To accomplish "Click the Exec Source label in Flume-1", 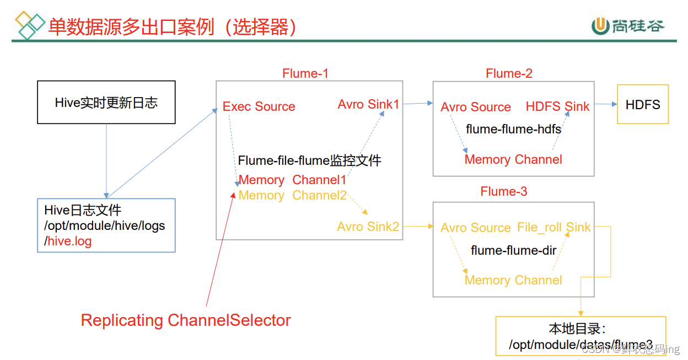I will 259,107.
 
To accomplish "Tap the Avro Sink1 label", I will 368,104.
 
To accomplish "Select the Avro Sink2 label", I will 368,227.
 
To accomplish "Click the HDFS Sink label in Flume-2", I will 557,107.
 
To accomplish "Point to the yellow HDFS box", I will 642,104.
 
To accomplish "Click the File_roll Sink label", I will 553,227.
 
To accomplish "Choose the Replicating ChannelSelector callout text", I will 186,320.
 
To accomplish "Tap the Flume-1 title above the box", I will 305,73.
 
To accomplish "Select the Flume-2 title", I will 509,73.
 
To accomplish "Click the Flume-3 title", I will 504,191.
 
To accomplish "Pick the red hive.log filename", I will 69,241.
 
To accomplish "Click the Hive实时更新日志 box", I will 106,103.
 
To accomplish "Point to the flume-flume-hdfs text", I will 513,129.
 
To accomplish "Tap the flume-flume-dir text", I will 513,251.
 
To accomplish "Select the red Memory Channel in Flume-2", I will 513,160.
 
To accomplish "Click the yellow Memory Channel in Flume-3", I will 513,280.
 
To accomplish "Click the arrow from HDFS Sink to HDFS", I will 605,104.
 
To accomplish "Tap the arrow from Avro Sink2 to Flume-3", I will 417,226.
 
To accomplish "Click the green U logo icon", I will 600,26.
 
